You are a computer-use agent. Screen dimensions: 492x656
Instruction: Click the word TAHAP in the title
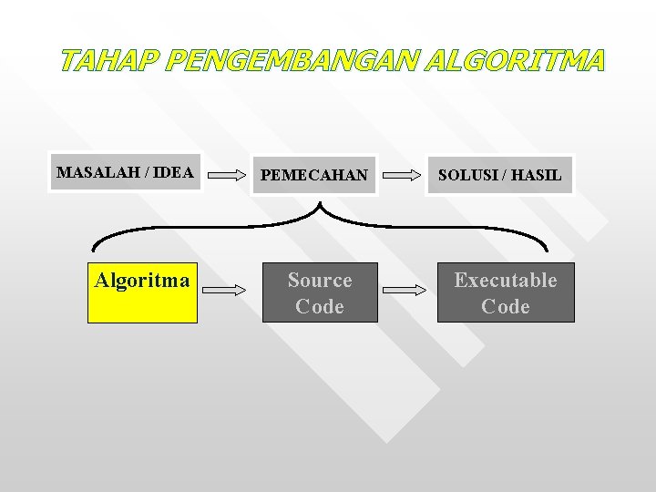pyautogui.click(x=109, y=61)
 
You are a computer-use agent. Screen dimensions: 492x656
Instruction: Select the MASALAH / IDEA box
pyautogui.click(x=126, y=173)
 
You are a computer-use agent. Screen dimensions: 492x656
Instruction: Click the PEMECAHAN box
pyautogui.click(x=315, y=174)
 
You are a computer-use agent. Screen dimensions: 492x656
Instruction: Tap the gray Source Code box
pyautogui.click(x=320, y=292)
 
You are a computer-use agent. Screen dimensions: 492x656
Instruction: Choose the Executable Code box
pyautogui.click(x=506, y=292)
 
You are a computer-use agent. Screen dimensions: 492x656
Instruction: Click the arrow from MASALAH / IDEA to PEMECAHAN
pyautogui.click(x=228, y=174)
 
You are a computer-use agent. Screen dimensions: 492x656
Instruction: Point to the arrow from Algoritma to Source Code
pyautogui.click(x=224, y=290)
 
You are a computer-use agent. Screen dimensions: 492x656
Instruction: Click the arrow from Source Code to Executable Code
pyautogui.click(x=405, y=290)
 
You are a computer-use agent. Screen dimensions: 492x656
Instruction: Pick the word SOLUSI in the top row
pyautogui.click(x=466, y=174)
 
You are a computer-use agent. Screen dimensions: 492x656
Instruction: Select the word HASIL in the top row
pyautogui.click(x=536, y=174)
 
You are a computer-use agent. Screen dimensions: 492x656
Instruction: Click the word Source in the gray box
pyautogui.click(x=320, y=281)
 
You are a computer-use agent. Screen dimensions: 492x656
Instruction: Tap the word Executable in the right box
pyautogui.click(x=506, y=281)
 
